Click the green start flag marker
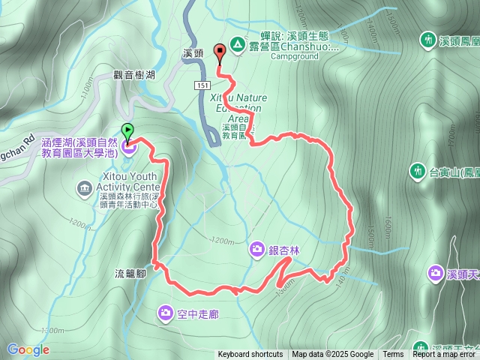coord(127,131)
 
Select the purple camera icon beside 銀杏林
coord(257,249)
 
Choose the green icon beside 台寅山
coord(418,172)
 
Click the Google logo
coord(28,349)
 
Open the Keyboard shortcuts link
coord(250,355)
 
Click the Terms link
coord(393,355)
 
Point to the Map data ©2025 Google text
coord(332,355)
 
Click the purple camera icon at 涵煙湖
coord(128,146)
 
